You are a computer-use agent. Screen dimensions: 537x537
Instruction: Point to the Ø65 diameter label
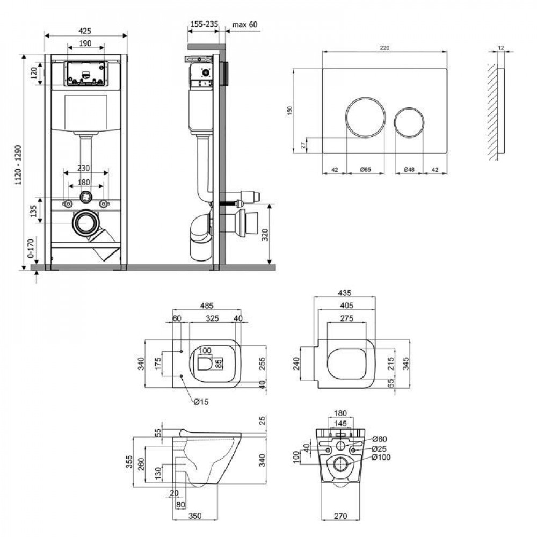(x=365, y=170)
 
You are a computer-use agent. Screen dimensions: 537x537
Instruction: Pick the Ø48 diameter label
(x=409, y=170)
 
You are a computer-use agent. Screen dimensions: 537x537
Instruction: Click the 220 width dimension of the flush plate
(x=384, y=48)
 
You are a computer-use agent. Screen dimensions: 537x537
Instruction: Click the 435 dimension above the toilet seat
(x=344, y=293)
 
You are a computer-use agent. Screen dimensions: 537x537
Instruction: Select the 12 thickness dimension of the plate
(x=500, y=48)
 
